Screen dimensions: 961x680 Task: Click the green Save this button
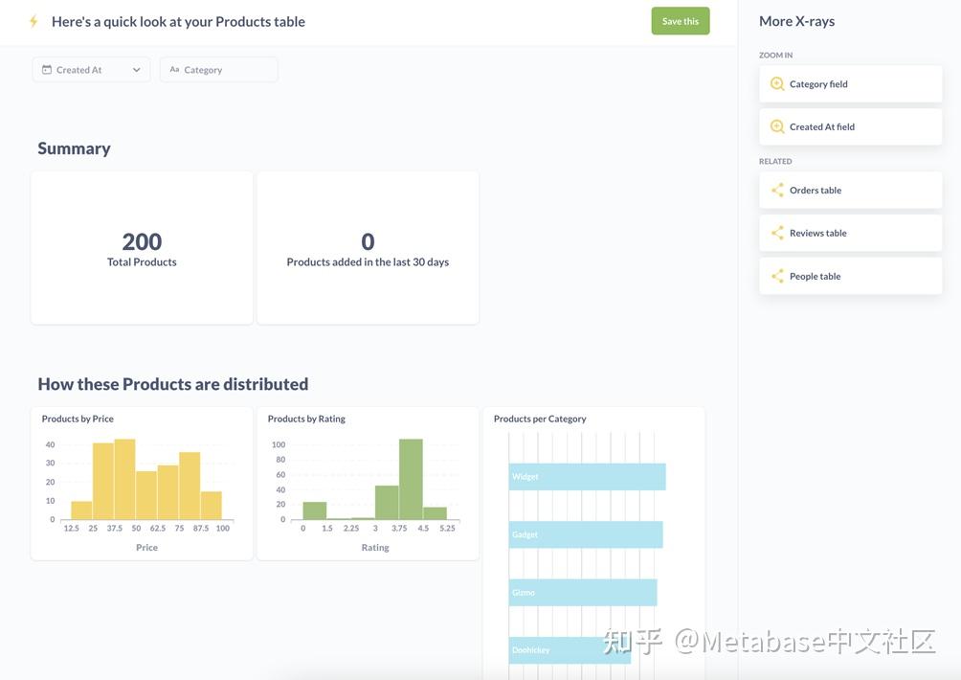[681, 21]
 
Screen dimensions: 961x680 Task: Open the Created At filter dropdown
[91, 70]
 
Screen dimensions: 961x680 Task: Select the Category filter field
[219, 70]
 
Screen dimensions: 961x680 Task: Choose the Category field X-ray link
[850, 84]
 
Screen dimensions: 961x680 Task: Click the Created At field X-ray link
[850, 127]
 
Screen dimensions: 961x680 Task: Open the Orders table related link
[850, 190]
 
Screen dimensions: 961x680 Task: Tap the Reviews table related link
[850, 233]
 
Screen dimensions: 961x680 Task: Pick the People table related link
[850, 276]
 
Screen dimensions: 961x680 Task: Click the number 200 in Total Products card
[142, 241]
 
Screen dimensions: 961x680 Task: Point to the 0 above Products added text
[368, 241]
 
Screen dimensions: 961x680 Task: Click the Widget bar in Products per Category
[587, 476]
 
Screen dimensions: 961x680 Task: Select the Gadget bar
[585, 534]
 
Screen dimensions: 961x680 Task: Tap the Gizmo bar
[583, 592]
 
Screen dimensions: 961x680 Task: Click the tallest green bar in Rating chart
[411, 480]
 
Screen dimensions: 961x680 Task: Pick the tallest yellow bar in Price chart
[125, 480]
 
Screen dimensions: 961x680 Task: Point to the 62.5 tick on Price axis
[158, 528]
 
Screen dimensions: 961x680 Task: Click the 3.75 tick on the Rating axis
[399, 528]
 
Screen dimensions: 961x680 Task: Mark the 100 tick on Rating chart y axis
[279, 444]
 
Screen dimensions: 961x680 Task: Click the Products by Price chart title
[78, 419]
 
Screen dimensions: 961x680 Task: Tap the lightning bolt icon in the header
[34, 21]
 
